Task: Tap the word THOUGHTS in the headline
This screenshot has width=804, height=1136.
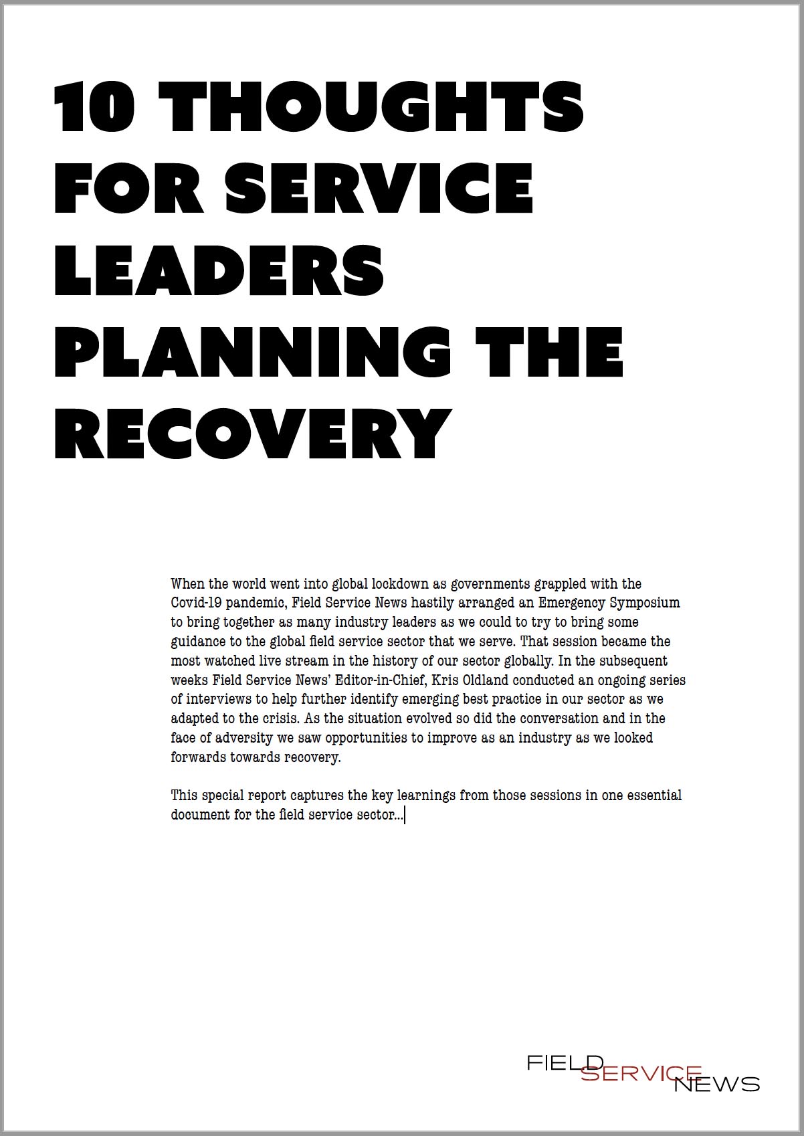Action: [371, 107]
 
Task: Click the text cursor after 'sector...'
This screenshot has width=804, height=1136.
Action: [405, 815]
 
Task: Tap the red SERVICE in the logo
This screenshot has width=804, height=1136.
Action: [640, 1073]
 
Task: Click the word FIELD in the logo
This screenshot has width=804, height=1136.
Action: [565, 1062]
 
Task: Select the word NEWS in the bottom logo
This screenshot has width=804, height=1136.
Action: [716, 1084]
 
